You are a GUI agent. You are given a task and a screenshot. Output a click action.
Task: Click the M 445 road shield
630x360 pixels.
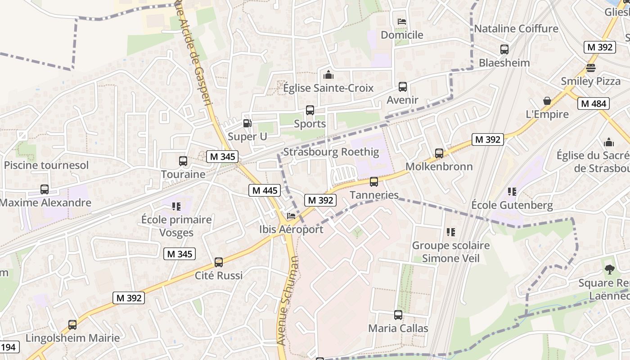[x=265, y=190]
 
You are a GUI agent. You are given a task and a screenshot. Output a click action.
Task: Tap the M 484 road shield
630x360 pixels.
[x=593, y=103]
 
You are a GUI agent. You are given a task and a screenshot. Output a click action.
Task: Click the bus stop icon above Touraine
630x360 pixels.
[x=183, y=161]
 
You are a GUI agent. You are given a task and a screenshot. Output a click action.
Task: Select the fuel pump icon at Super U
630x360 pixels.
[x=247, y=123]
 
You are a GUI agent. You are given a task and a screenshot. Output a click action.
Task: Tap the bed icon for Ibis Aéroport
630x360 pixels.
[x=291, y=216]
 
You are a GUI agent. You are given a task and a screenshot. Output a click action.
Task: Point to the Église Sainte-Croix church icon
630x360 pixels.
[x=328, y=75]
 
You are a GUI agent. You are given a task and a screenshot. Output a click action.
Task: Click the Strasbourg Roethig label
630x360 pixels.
[x=331, y=152]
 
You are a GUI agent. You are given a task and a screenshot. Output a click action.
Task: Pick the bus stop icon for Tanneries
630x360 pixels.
[x=373, y=182]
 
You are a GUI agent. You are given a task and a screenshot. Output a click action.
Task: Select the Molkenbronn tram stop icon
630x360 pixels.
[x=439, y=153]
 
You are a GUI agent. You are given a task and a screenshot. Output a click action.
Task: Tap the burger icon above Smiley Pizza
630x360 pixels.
[x=590, y=68]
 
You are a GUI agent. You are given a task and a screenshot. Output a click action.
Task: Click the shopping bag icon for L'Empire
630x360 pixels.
[x=547, y=101]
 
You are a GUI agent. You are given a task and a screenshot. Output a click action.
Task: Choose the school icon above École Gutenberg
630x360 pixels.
[x=512, y=192]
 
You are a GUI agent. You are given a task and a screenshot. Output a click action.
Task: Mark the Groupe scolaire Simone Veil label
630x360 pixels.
[x=450, y=252]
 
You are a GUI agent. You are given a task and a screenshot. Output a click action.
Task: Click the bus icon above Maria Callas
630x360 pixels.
[x=398, y=315]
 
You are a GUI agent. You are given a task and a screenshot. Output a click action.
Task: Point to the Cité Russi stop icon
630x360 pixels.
[x=218, y=262]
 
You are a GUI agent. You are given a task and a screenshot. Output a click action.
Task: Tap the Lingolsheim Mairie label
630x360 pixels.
[x=72, y=338]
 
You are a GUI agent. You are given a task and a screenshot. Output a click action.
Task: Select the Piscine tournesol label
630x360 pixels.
[x=46, y=165]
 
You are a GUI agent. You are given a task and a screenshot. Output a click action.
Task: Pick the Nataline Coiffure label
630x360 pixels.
[x=516, y=29]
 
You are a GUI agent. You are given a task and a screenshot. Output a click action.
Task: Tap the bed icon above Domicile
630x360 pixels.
[x=402, y=22]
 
